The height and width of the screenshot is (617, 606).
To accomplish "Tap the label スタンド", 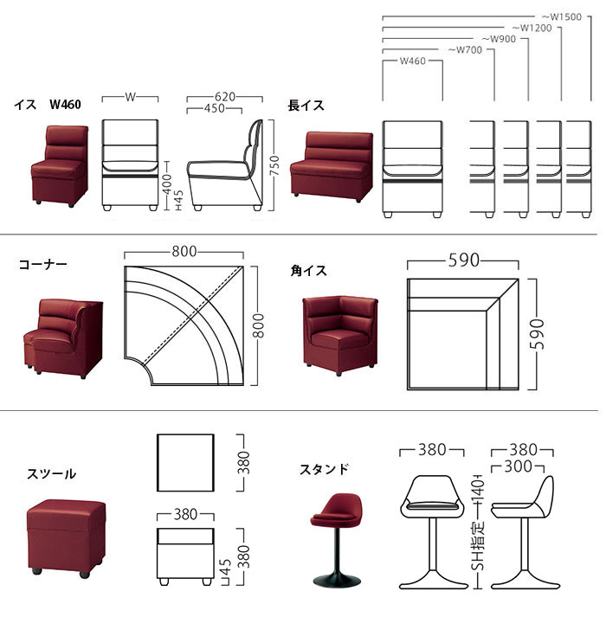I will (x=325, y=470).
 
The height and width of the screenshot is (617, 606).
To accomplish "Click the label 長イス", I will (x=306, y=106).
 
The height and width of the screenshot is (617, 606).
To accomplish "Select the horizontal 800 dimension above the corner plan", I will (x=183, y=252).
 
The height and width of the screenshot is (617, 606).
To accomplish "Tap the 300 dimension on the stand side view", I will (x=519, y=466).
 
